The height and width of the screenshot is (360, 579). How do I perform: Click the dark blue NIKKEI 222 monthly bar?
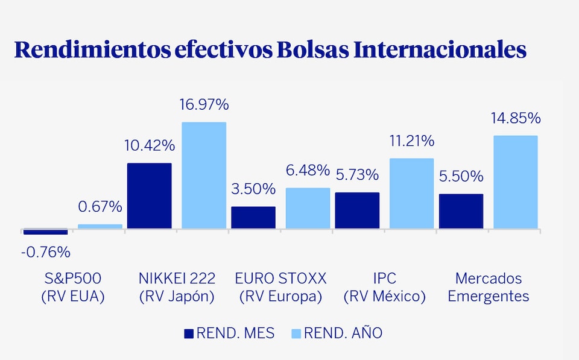pyautogui.click(x=149, y=196)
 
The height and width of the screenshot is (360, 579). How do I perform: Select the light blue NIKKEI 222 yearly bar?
pyautogui.click(x=204, y=175)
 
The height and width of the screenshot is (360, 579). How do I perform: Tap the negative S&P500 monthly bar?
pyautogui.click(x=45, y=232)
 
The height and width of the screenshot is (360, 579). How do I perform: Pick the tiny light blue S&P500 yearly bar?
pyautogui.click(x=100, y=227)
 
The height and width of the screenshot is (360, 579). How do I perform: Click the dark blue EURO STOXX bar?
pyautogui.click(x=253, y=218)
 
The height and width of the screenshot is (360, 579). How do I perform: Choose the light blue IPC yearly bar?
pyautogui.click(x=412, y=194)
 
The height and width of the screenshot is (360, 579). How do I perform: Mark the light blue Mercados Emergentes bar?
pyautogui.click(x=516, y=182)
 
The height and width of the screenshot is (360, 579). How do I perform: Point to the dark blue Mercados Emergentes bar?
pyautogui.click(x=461, y=211)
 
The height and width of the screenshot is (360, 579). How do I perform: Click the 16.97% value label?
pyautogui.click(x=204, y=105)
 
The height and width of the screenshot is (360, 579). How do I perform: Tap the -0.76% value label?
pyautogui.click(x=45, y=252)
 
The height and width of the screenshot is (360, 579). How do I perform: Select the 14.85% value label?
pyautogui.click(x=516, y=118)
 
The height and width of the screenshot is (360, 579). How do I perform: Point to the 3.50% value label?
pyautogui.click(x=253, y=189)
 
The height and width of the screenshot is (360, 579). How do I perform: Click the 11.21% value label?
pyautogui.click(x=412, y=141)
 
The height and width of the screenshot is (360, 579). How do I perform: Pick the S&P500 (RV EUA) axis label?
pyautogui.click(x=72, y=287)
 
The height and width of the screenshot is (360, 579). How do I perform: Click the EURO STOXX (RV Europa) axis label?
pyautogui.click(x=280, y=287)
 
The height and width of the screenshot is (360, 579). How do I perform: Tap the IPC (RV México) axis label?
pyautogui.click(x=385, y=287)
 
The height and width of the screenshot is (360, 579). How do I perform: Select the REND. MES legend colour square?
pyautogui.click(x=189, y=333)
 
